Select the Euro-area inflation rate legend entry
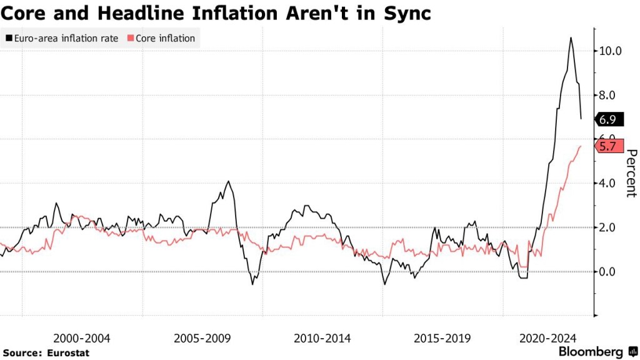pos(61,38)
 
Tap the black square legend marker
pos(8,38)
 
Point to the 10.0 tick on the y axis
pos(609,51)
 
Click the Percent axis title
pos(631,173)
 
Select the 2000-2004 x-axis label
pos(82,338)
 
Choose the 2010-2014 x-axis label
pos(322,338)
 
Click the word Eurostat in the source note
pos(69,353)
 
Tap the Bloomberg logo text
pos(590,352)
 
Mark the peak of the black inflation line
pos(571,38)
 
